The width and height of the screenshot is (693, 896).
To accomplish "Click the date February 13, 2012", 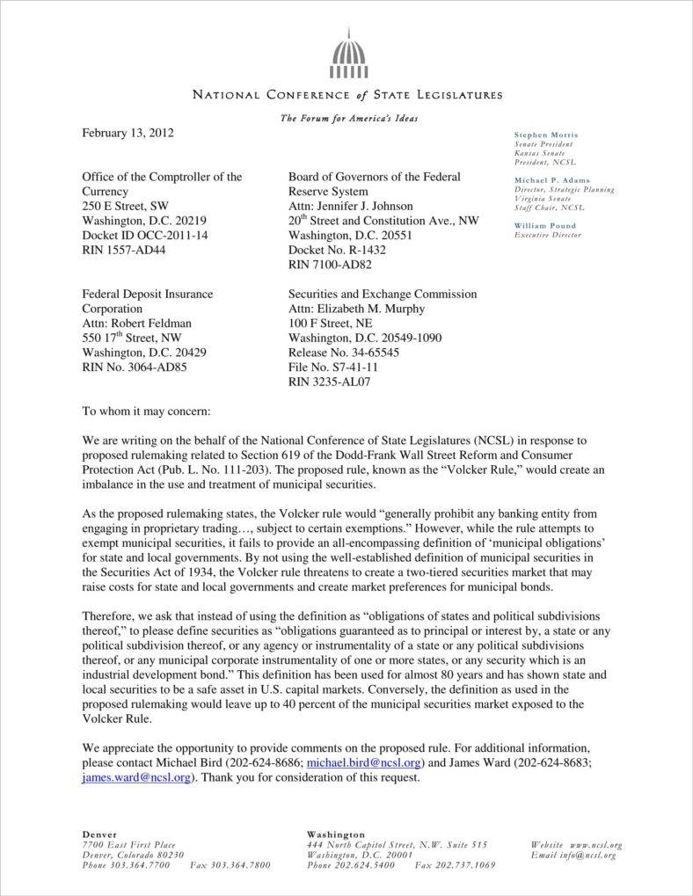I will coord(128,134).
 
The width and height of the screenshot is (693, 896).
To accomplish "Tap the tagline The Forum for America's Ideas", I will coord(348,118).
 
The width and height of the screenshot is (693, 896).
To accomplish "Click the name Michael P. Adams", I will coord(552,180).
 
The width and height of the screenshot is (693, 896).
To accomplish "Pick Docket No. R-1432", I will coord(343,249).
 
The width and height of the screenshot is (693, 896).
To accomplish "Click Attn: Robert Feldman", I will coord(136,323).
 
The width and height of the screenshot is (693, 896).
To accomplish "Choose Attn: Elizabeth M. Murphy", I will coord(356,309).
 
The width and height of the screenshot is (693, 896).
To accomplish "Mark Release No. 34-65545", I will coord(344,352).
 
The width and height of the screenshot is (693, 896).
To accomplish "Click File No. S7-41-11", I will coord(333,367).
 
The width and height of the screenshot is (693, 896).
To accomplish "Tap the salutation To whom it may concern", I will coord(146,411).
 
